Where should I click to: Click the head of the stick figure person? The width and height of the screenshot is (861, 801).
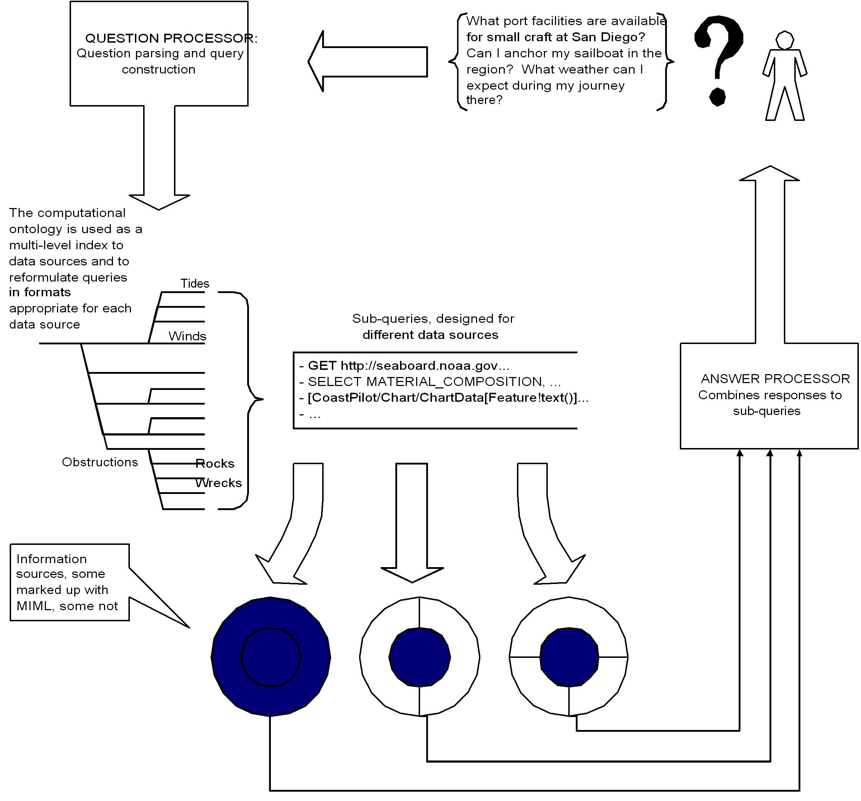click(x=784, y=40)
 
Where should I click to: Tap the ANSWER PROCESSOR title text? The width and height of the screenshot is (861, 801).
click(x=775, y=378)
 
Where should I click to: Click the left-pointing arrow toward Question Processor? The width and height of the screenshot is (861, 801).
click(x=368, y=61)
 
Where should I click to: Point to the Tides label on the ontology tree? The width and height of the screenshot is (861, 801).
click(x=194, y=284)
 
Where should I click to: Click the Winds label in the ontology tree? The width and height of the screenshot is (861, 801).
click(x=187, y=336)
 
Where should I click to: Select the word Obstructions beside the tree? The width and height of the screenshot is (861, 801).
click(x=100, y=462)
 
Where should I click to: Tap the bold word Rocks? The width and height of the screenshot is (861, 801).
click(x=215, y=464)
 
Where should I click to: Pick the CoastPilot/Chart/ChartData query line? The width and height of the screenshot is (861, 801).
click(x=446, y=397)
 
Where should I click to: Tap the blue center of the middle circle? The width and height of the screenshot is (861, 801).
click(x=419, y=657)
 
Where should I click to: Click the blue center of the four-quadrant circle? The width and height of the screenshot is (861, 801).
click(x=569, y=657)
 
